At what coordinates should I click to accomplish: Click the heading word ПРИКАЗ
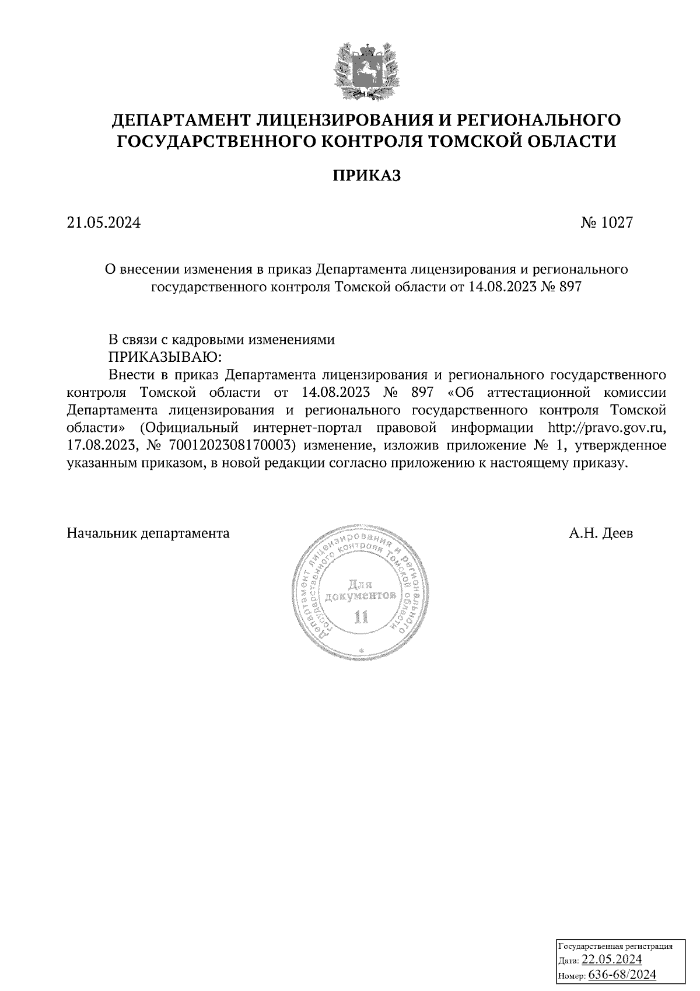point(366,176)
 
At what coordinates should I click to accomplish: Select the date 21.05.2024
point(104,222)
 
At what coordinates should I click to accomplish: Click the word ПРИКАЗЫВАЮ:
point(166,356)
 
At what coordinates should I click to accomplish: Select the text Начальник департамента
point(149,533)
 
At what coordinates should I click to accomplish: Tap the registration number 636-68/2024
point(622,975)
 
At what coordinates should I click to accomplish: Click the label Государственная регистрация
point(616,946)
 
